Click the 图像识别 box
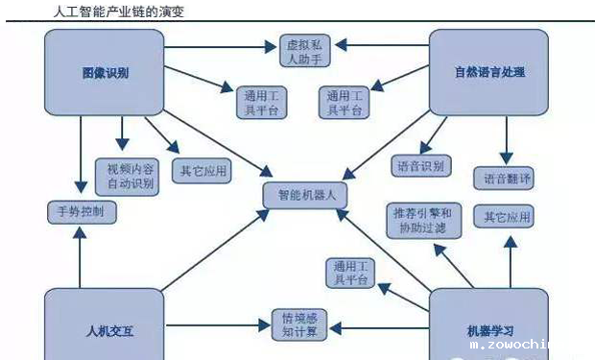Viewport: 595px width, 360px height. [106, 73]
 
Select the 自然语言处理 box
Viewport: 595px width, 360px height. [488, 73]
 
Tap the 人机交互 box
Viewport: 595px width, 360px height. [103, 330]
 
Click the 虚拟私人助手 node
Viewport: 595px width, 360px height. [304, 52]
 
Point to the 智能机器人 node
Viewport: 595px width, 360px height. [304, 194]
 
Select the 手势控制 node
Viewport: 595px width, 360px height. [82, 211]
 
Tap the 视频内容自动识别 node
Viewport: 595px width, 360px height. [125, 174]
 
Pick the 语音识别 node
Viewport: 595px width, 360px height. [419, 166]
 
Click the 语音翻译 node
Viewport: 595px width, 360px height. [503, 179]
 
